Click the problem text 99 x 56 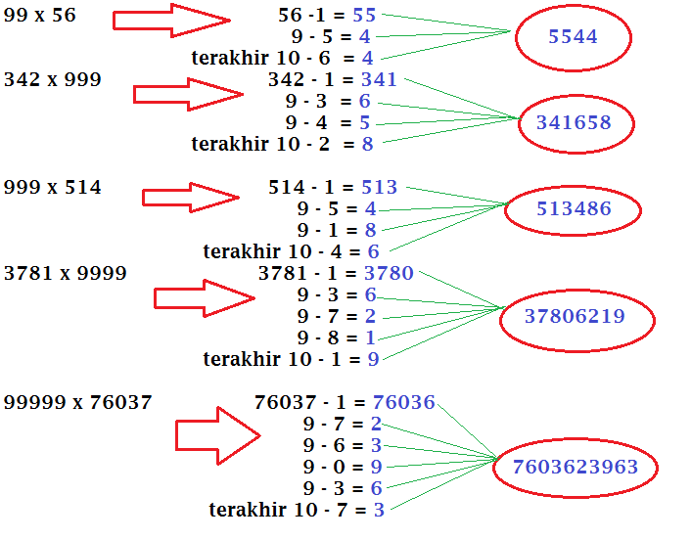click(x=40, y=16)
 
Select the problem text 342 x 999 click(x=53, y=80)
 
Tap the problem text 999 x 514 click(x=53, y=187)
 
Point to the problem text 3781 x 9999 click(x=66, y=273)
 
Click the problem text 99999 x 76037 click(x=78, y=402)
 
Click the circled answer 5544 click(x=573, y=37)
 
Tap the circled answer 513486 click(x=574, y=209)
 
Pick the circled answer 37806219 click(x=575, y=317)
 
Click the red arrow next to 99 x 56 click(x=171, y=20)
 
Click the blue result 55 click(x=364, y=16)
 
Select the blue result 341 click(x=379, y=80)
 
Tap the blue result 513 click(x=380, y=187)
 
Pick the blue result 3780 click(x=389, y=273)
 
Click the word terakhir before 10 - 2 click(x=230, y=145)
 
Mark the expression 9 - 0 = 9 click(x=343, y=467)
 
